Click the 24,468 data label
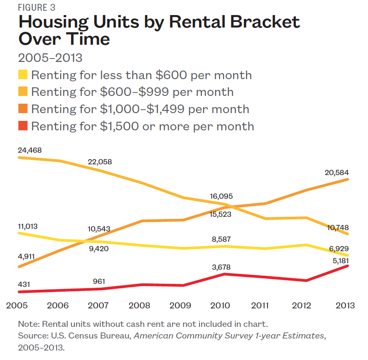pyautogui.click(x=30, y=150)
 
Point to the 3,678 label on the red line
pyautogui.click(x=221, y=267)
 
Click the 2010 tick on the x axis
pyautogui.click(x=221, y=306)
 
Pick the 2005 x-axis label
pyautogui.click(x=18, y=306)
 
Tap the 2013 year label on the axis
pyautogui.click(x=345, y=306)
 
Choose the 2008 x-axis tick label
pyautogui.click(x=140, y=306)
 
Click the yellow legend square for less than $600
pyautogui.click(x=23, y=75)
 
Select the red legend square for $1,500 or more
pyautogui.click(x=23, y=126)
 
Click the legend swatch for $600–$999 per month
pyautogui.click(x=23, y=92)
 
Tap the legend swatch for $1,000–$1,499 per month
pyautogui.click(x=23, y=109)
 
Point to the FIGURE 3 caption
pyautogui.click(x=36, y=8)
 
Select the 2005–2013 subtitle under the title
pyautogui.click(x=50, y=58)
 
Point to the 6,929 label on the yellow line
pyautogui.click(x=339, y=249)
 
